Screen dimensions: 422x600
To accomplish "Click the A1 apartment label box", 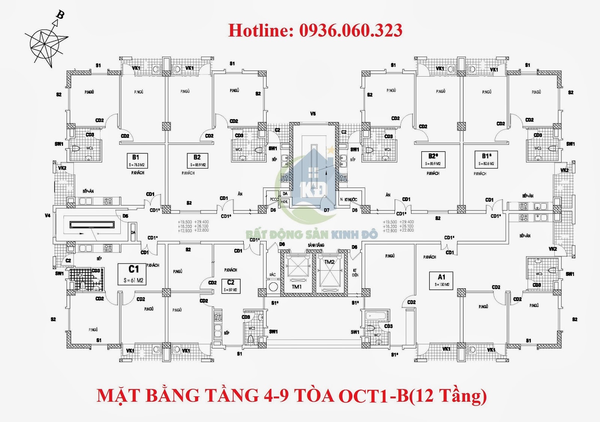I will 442,280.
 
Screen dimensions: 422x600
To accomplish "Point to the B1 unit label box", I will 136,160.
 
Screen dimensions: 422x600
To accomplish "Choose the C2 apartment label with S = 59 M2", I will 231,286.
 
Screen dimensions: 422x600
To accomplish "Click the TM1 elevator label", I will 297,287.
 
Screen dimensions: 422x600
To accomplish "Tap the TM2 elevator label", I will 329,262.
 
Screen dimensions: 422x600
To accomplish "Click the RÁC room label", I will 273,274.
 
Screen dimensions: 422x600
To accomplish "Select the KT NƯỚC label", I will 350,199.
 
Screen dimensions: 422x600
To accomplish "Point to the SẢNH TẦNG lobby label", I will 316,245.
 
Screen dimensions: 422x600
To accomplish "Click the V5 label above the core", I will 313,113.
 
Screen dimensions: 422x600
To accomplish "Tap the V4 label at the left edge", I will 48,216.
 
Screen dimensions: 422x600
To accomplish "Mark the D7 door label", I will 327,210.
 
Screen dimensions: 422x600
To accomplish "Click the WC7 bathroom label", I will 377,335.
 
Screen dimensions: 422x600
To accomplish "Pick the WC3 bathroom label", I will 252,328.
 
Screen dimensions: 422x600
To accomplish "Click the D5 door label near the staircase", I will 125,216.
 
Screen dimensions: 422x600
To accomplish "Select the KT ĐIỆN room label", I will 355,273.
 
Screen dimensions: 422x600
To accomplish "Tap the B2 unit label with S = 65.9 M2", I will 197,160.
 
